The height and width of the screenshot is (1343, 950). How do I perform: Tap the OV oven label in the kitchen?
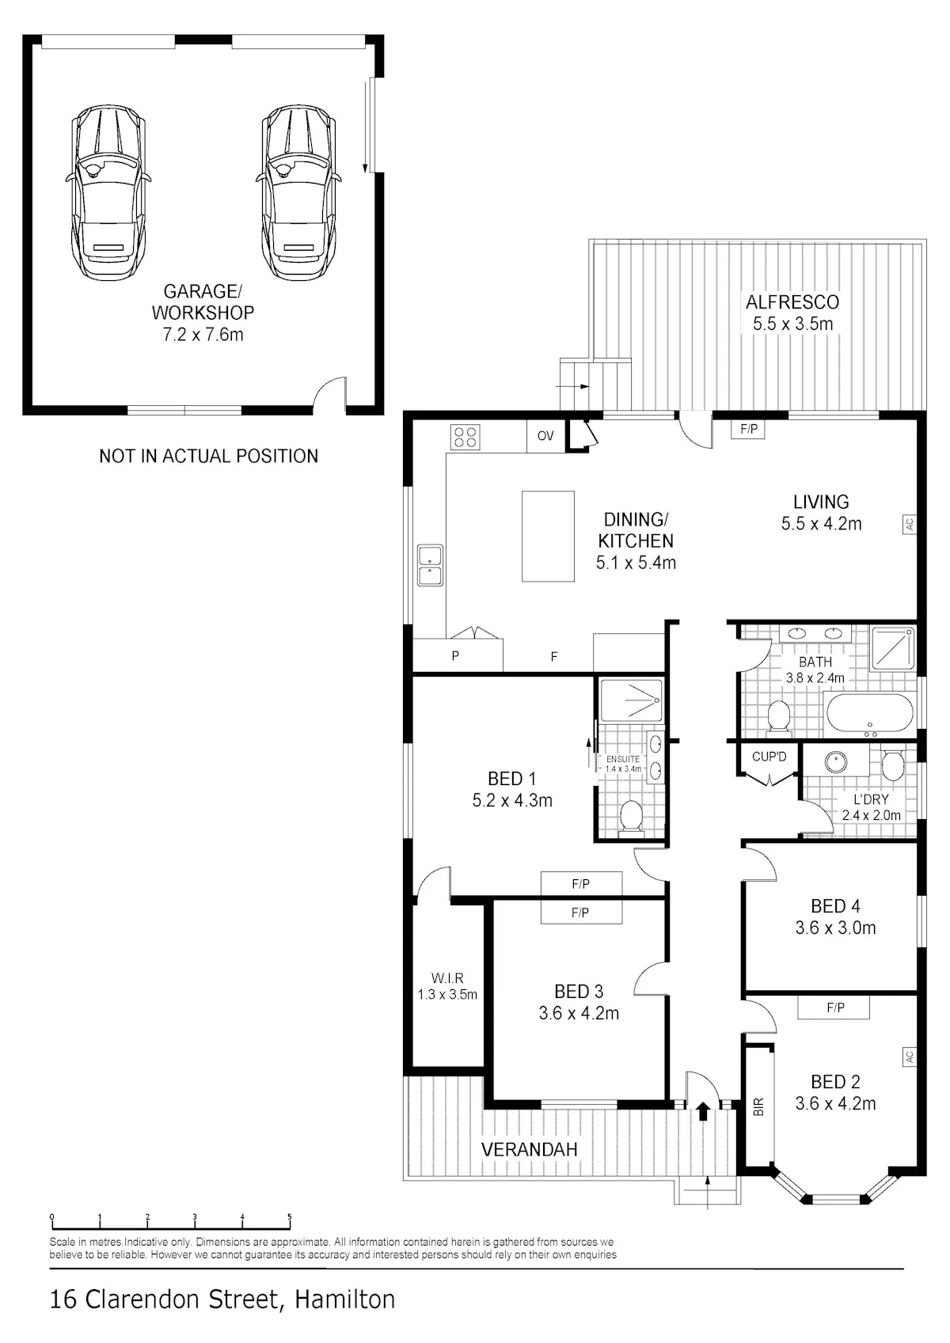(545, 436)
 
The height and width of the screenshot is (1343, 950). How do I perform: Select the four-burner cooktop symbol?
(465, 437)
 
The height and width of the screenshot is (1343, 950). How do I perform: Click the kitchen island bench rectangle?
(548, 537)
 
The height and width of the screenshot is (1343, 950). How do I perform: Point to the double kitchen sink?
(430, 565)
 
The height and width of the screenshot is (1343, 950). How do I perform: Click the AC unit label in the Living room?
(909, 524)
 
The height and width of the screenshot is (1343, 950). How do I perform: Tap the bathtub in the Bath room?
(869, 714)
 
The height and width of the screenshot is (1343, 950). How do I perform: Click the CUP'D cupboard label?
(769, 757)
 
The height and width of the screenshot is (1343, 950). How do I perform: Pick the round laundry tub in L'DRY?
(835, 762)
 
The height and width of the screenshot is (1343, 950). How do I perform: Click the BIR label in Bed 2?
(758, 1106)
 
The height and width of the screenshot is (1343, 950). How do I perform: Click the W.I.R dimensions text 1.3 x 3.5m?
(447, 994)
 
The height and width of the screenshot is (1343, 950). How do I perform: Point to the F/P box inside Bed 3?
(580, 912)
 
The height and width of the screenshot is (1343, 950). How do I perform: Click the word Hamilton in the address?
(345, 1299)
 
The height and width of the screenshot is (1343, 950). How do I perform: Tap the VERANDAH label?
(529, 1150)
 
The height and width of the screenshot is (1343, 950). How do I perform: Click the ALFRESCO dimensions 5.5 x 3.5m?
(793, 324)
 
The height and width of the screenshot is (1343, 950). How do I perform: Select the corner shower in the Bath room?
(892, 648)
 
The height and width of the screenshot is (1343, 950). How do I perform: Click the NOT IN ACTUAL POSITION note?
(209, 457)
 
